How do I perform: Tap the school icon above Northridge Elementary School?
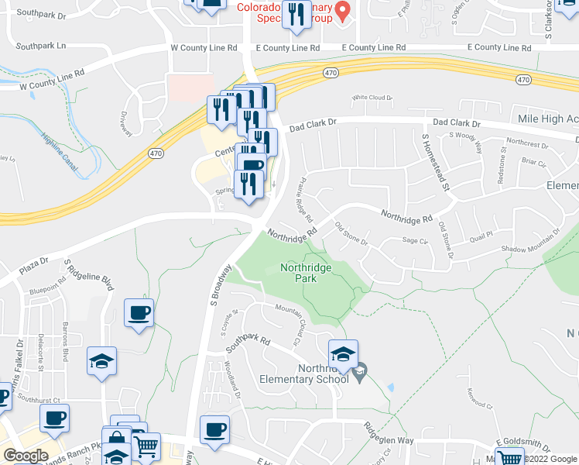pyautogui.click(x=343, y=354)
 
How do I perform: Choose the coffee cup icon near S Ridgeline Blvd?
pyautogui.click(x=139, y=313)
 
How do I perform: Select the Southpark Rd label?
pyautogui.click(x=247, y=345)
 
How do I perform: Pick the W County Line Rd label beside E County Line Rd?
pyautogui.click(x=202, y=47)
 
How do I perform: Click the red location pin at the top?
pyautogui.click(x=346, y=9)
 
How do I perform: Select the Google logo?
pyautogui.click(x=26, y=455)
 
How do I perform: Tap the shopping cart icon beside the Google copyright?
pyautogui.click(x=509, y=458)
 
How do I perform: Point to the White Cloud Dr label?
pyautogui.click(x=372, y=98)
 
